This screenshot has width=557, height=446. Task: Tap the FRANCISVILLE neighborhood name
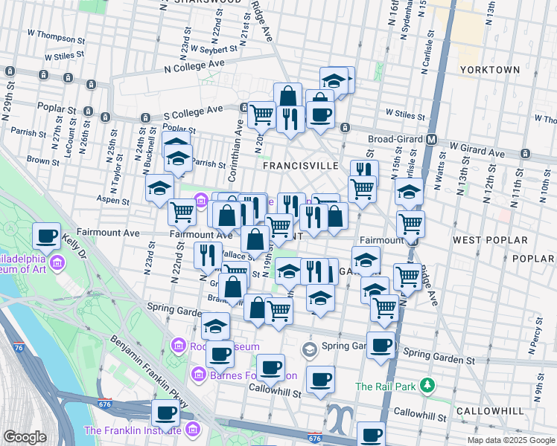pos(302,166)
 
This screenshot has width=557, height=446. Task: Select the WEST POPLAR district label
pos(490,240)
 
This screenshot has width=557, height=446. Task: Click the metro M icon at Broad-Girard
pos(431,139)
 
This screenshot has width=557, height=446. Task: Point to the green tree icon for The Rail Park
pos(427,385)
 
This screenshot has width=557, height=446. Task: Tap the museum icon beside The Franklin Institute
pos(193,430)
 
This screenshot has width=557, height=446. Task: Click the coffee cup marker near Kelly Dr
pos(46,236)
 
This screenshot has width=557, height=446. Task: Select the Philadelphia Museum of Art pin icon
pos(57,263)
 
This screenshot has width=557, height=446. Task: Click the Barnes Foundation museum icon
pos(198,375)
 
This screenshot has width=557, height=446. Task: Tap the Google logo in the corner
pos(25,437)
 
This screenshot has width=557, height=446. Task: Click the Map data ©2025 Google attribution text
pos(511,440)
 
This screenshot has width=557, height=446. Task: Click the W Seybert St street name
pos(214,49)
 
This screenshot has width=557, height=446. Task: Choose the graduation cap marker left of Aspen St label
pos(159,189)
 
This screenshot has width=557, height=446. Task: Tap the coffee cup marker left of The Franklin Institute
pos(165,413)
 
